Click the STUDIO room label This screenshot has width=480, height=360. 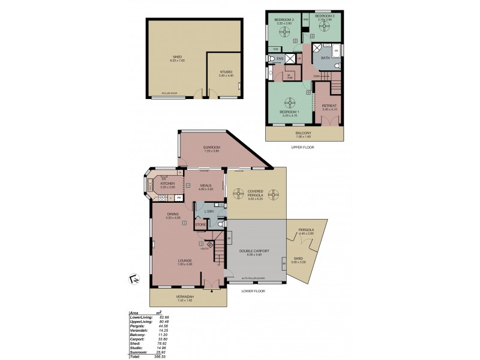pos(225,73)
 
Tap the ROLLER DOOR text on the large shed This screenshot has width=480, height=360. pos(170,94)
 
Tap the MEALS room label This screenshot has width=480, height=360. pos(206,186)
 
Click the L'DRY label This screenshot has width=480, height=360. pos(209,212)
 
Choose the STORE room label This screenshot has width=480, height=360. pos(200,225)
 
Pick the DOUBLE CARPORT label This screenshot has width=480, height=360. pos(254,251)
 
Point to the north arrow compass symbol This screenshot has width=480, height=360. pos(133,277)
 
